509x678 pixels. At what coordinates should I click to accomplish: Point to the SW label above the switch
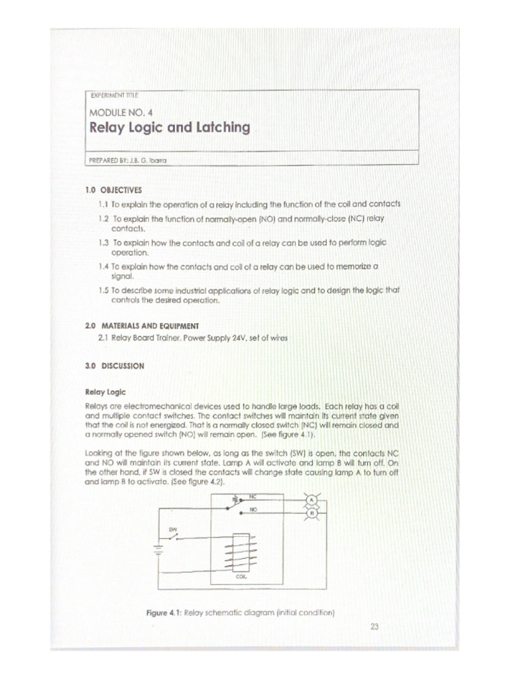[x=173, y=529]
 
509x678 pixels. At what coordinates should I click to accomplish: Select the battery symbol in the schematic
[x=158, y=549]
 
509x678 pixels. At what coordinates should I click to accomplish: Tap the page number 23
[x=374, y=626]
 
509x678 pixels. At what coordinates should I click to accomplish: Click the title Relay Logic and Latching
[x=170, y=128]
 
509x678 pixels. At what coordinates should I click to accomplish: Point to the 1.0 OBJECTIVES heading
[x=113, y=189]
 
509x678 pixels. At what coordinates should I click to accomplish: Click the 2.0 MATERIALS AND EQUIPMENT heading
[x=142, y=325]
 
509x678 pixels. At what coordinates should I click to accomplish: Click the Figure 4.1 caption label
[x=163, y=613]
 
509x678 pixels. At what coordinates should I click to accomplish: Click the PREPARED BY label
[x=110, y=160]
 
